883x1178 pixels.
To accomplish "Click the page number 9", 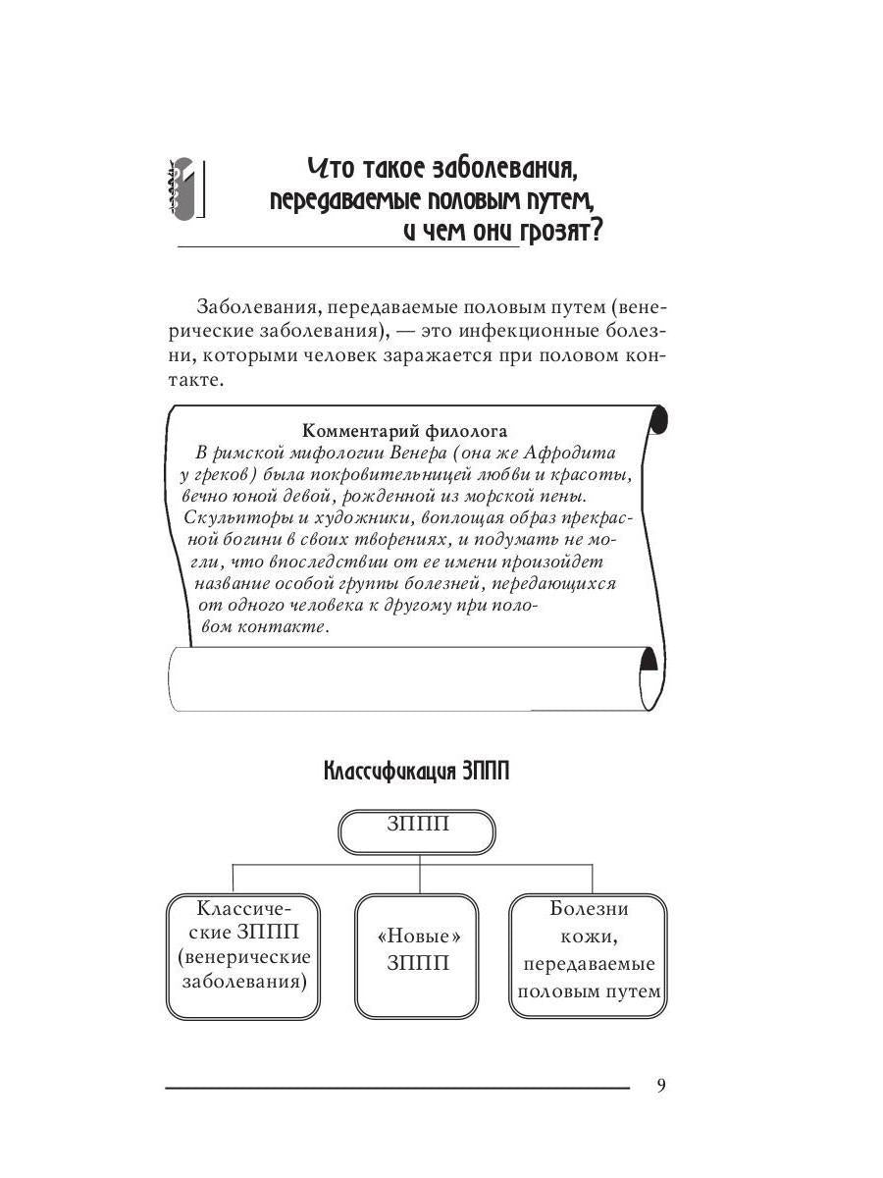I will [x=660, y=1086].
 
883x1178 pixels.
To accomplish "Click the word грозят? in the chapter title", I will [x=563, y=234].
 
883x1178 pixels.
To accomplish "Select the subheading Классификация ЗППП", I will [x=416, y=772].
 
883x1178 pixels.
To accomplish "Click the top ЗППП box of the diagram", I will [x=417, y=832].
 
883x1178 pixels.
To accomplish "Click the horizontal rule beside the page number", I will [x=397, y=1088].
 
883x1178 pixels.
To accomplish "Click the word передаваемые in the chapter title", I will [x=325, y=200].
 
